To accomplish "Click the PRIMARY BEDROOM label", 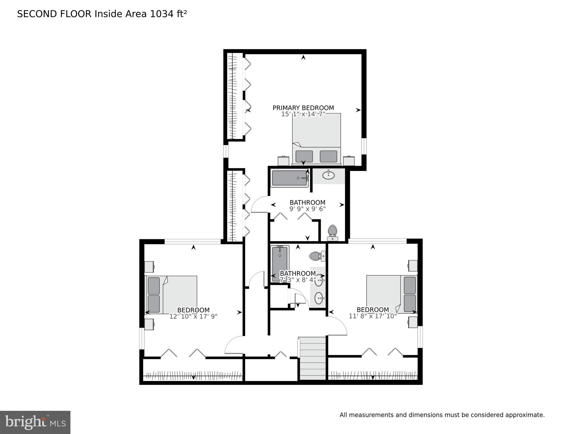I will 303,108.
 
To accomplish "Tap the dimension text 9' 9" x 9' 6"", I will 307,209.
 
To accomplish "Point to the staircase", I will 313,358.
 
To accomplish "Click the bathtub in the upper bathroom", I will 289,178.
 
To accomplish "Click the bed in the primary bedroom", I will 316,139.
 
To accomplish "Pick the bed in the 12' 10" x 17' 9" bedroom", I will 171,295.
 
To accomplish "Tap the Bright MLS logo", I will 35,422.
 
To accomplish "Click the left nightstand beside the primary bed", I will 283,161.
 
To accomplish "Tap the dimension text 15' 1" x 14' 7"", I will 303,114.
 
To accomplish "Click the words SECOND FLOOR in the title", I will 54,14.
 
